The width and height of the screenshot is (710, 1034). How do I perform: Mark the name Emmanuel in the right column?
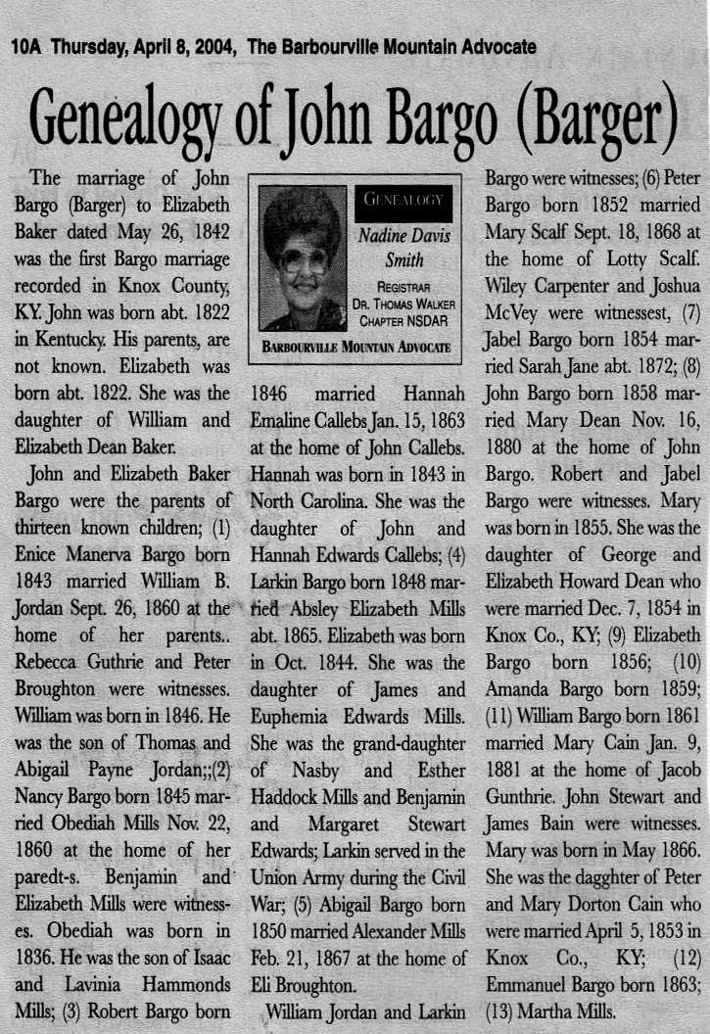[525, 982]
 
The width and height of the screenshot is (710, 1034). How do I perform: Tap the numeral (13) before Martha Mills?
[503, 1009]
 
